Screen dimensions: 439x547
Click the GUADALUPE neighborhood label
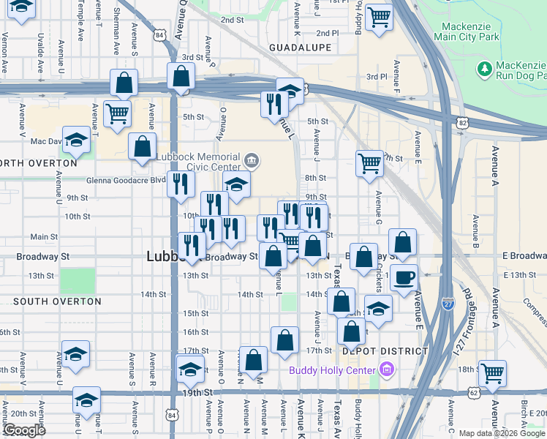click(300, 48)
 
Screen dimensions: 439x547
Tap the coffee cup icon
click(404, 278)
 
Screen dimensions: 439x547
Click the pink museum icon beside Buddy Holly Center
click(385, 369)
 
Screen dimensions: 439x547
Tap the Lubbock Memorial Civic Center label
click(209, 162)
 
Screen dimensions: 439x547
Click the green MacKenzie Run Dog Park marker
click(483, 69)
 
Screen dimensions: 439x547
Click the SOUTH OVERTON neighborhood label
click(57, 301)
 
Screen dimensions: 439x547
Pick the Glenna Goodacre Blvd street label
click(126, 179)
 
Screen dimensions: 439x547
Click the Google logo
click(24, 431)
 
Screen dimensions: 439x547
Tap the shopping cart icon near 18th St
click(493, 372)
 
